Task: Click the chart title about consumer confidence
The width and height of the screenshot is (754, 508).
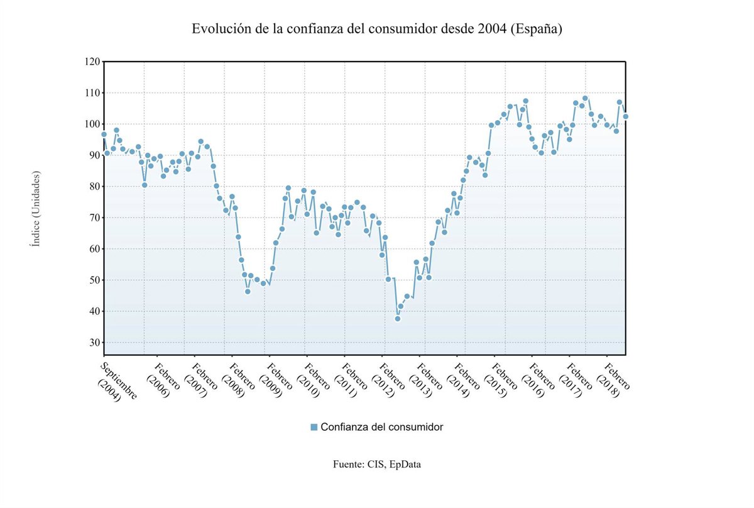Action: point(376,29)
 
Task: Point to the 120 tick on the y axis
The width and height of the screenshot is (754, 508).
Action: point(92,62)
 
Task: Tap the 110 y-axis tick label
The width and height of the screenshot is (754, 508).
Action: point(92,93)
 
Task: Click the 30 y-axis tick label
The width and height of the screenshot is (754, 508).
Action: point(94,343)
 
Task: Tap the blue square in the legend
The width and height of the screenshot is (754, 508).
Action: point(314,428)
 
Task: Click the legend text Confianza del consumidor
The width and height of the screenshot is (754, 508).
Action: point(382,428)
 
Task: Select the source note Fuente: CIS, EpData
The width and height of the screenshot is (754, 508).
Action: point(377,465)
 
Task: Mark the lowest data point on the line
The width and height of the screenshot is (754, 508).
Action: point(398,319)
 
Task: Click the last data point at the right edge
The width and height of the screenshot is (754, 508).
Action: point(625,116)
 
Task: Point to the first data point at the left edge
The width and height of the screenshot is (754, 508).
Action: point(104,135)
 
